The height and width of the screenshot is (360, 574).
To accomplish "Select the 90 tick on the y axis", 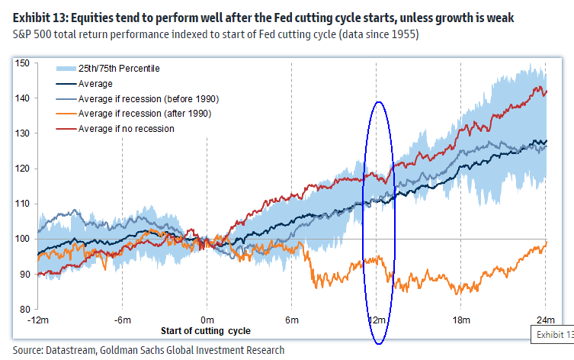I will (x=24, y=274).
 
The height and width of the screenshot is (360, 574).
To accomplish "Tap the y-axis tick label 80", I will (x=24, y=309).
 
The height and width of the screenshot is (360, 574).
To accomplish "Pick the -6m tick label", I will (x=122, y=319).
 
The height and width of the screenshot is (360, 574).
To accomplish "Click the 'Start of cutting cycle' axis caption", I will (x=205, y=332).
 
